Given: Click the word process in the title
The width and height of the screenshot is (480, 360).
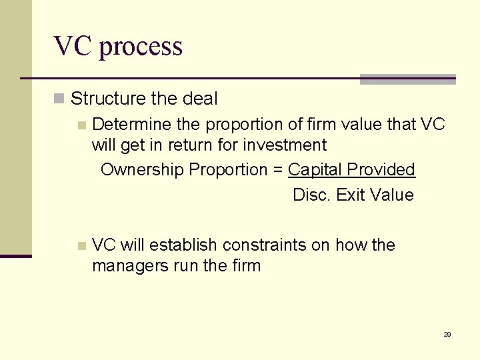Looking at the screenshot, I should pyautogui.click(x=141, y=47).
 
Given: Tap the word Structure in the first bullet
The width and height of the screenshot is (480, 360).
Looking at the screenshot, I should pyautogui.click(x=108, y=99).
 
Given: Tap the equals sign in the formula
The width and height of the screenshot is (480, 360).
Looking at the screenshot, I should pyautogui.click(x=277, y=170).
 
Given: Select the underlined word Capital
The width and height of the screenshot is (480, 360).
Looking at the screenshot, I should pyautogui.click(x=313, y=170).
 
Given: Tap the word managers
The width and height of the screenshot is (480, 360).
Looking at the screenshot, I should pyautogui.click(x=120, y=266).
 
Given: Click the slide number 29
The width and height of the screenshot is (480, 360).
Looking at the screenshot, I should pyautogui.click(x=447, y=334).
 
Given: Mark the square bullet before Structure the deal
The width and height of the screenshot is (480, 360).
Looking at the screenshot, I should pyautogui.click(x=59, y=99).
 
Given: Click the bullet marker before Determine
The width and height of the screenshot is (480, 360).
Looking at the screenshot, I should pyautogui.click(x=81, y=125).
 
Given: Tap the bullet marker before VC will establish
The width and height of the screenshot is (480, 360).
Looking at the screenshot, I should pyautogui.click(x=81, y=246).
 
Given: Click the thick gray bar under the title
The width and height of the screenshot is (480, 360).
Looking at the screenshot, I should pyautogui.click(x=407, y=79).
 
